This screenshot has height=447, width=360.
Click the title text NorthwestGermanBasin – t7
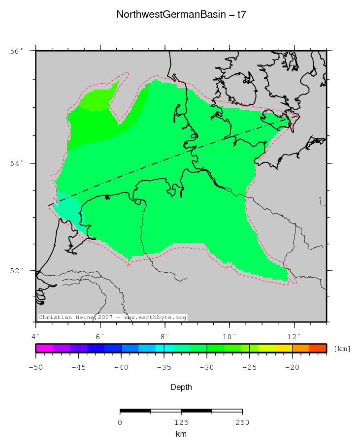pyautogui.click(x=181, y=15)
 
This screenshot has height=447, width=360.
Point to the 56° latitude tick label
pyautogui.click(x=16, y=51)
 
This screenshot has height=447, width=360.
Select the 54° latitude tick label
pyautogui.click(x=16, y=163)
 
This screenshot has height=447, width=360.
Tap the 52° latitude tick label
pyautogui.click(x=16, y=271)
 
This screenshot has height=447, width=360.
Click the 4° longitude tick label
pyautogui.click(x=36, y=337)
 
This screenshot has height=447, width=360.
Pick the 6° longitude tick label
pyautogui.click(x=100, y=337)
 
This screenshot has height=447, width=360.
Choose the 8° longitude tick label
pyautogui.click(x=165, y=337)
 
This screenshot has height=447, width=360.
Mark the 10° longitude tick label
pyautogui.click(x=229, y=337)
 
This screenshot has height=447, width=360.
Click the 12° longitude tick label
pyautogui.click(x=295, y=337)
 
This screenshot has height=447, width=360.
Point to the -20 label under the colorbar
pyautogui.click(x=293, y=367)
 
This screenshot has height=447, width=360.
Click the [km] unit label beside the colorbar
pyautogui.click(x=342, y=349)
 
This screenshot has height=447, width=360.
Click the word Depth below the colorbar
pyautogui.click(x=181, y=387)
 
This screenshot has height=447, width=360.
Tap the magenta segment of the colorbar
pyautogui.click(x=44, y=349)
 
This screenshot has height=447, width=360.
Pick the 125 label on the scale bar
pyautogui.click(x=181, y=422)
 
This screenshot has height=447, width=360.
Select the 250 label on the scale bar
pyautogui.click(x=242, y=422)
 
